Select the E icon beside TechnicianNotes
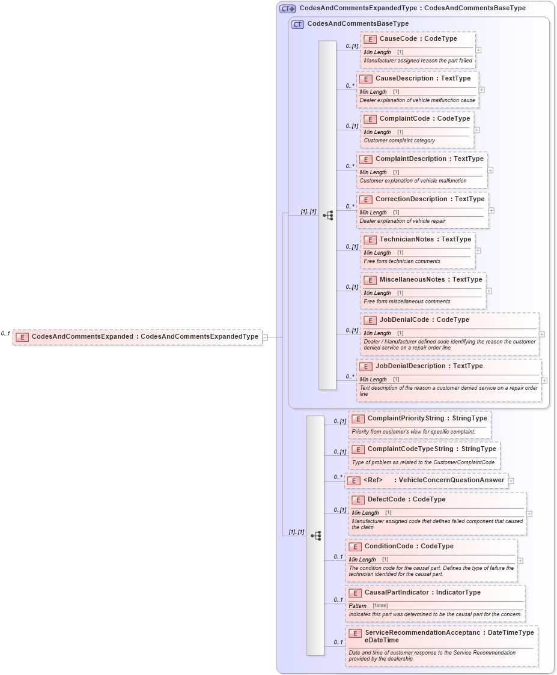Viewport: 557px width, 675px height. (370, 240)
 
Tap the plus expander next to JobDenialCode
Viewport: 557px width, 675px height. (542, 334)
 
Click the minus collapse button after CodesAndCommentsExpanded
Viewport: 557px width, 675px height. (265, 337)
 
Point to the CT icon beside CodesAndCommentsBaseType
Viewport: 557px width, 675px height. (297, 24)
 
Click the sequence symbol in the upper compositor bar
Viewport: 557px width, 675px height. (327, 215)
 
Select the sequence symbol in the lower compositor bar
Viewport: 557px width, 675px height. (315, 536)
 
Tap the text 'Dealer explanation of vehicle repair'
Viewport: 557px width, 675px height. (402, 221)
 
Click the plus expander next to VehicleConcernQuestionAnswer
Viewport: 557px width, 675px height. (511, 481)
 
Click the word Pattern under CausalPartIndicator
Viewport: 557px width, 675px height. (358, 606)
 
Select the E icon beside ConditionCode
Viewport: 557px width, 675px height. (355, 546)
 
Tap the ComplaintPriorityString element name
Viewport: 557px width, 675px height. (406, 418)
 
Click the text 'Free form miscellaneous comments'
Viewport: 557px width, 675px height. (407, 301)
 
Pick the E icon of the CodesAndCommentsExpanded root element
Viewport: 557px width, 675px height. (22, 337)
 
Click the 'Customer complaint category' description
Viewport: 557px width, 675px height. (399, 141)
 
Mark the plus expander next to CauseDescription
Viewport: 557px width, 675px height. (482, 90)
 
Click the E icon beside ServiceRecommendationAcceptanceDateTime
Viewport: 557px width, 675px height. (355, 633)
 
